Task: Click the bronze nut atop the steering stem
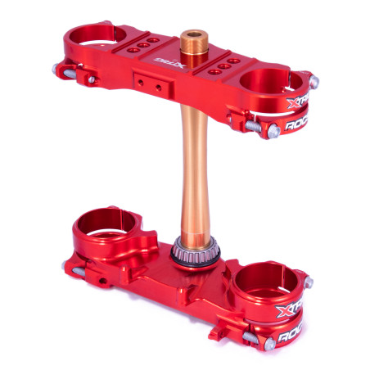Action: (193, 38)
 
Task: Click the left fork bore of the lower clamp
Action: (105, 221)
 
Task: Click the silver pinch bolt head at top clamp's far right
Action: (314, 81)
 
